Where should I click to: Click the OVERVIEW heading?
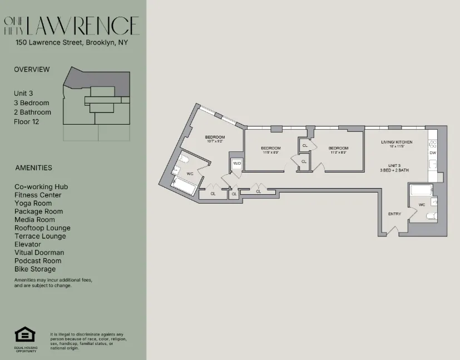(x=32, y=70)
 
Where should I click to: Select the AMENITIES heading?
(x=33, y=167)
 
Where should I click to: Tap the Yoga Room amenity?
(x=33, y=203)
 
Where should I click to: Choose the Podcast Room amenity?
(x=38, y=260)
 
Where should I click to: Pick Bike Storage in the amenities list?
(x=35, y=269)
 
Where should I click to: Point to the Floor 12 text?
(x=27, y=121)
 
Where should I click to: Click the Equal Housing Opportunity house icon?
(x=24, y=334)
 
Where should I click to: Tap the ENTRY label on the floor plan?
(x=394, y=214)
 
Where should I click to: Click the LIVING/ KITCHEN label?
(x=396, y=142)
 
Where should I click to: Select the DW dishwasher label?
(x=432, y=152)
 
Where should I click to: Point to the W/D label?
(x=237, y=163)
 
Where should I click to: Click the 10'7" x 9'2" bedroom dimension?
(x=214, y=141)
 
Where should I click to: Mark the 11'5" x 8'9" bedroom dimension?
(x=271, y=152)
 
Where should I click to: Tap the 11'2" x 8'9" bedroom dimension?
(x=338, y=152)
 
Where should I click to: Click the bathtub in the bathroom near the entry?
(x=421, y=190)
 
